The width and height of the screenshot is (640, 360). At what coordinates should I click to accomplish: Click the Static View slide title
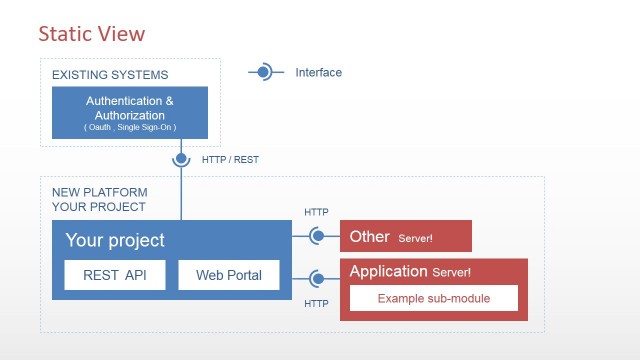point(91,34)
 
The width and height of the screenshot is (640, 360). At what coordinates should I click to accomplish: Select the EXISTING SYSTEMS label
point(110,75)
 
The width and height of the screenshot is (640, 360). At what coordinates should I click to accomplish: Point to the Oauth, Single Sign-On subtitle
point(129,128)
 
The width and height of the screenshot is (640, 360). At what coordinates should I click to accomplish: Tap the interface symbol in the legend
point(264,72)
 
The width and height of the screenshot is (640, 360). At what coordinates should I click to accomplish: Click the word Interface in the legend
point(318,72)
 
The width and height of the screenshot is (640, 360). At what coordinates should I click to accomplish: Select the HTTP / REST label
point(229,159)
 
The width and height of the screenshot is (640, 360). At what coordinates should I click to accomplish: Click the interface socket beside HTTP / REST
point(181,158)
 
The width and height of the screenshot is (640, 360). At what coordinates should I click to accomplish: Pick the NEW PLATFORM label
point(100,192)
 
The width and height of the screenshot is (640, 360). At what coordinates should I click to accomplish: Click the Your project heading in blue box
point(115,240)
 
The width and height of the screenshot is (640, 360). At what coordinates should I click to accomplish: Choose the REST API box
point(115,275)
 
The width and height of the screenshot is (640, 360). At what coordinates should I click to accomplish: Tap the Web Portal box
point(229,275)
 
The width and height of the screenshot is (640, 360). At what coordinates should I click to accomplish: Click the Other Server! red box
point(405,237)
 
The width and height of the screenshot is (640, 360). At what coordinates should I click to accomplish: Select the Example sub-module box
point(434,299)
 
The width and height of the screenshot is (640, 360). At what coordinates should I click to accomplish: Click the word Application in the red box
point(389,271)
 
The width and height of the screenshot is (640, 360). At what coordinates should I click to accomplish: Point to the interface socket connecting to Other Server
point(317,237)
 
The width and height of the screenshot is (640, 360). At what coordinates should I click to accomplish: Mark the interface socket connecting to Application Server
point(317,279)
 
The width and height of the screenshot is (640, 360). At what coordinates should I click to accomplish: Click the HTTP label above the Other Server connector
point(316,212)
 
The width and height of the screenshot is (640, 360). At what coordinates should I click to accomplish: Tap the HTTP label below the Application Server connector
point(316,303)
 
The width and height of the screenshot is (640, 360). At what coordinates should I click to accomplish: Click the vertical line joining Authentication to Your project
point(181,195)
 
